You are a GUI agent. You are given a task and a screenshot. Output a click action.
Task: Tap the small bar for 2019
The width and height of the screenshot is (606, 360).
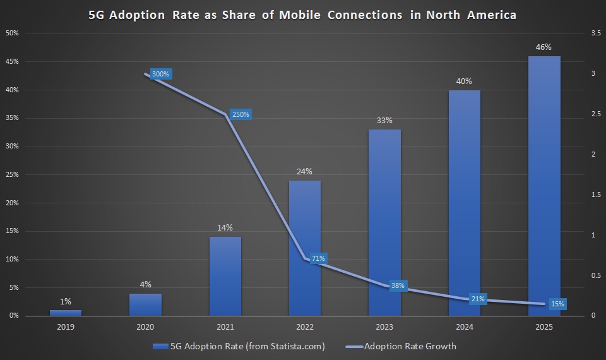tap(66, 312)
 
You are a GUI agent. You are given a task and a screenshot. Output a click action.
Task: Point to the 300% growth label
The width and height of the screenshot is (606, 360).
tap(161, 74)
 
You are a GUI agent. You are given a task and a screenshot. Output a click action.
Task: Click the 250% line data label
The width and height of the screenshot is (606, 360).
tap(241, 114)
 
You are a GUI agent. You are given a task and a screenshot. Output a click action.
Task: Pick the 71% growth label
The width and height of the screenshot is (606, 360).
tap(318, 258)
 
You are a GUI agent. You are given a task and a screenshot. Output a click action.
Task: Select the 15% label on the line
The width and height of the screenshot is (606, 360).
tap(557, 304)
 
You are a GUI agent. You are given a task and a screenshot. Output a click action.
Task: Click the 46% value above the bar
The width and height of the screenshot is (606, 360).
tap(544, 47)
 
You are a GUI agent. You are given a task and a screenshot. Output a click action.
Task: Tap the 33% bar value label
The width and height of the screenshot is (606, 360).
tap(384, 120)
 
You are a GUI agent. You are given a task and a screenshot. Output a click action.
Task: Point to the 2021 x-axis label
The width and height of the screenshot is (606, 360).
tap(225, 327)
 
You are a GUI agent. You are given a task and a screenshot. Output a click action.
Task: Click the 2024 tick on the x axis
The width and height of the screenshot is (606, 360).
tap(464, 327)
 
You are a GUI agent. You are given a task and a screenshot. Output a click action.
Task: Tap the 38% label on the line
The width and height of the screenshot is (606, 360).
tap(398, 286)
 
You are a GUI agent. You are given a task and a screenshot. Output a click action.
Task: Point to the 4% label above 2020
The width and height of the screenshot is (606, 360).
tap(145, 284)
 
